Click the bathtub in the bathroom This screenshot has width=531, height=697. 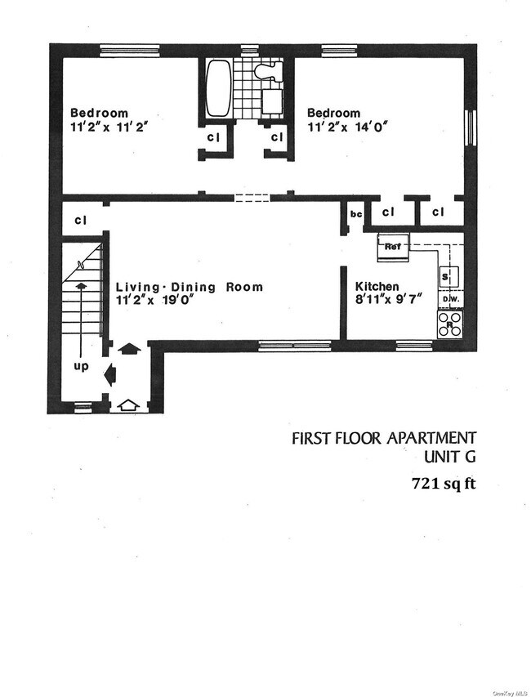pos(217,89)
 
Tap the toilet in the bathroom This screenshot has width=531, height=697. pos(266,72)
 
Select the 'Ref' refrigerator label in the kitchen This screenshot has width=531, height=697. pos(392,244)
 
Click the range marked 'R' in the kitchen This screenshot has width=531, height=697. pos(448,325)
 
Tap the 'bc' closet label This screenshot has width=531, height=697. pos(356,214)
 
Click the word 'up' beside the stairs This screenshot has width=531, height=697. pos(81,367)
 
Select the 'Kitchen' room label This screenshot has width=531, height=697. pos(377,287)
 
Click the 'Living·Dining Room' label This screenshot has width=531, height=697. pos(189,287)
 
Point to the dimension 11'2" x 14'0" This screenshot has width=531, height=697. pos(346,127)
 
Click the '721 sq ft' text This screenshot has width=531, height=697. pos(442,483)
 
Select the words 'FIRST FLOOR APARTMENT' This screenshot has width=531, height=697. pos(383,439)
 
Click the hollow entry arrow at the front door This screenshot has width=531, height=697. pos(127,403)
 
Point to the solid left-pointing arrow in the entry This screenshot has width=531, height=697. pos(110,376)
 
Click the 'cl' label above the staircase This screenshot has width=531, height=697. pos(81,220)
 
